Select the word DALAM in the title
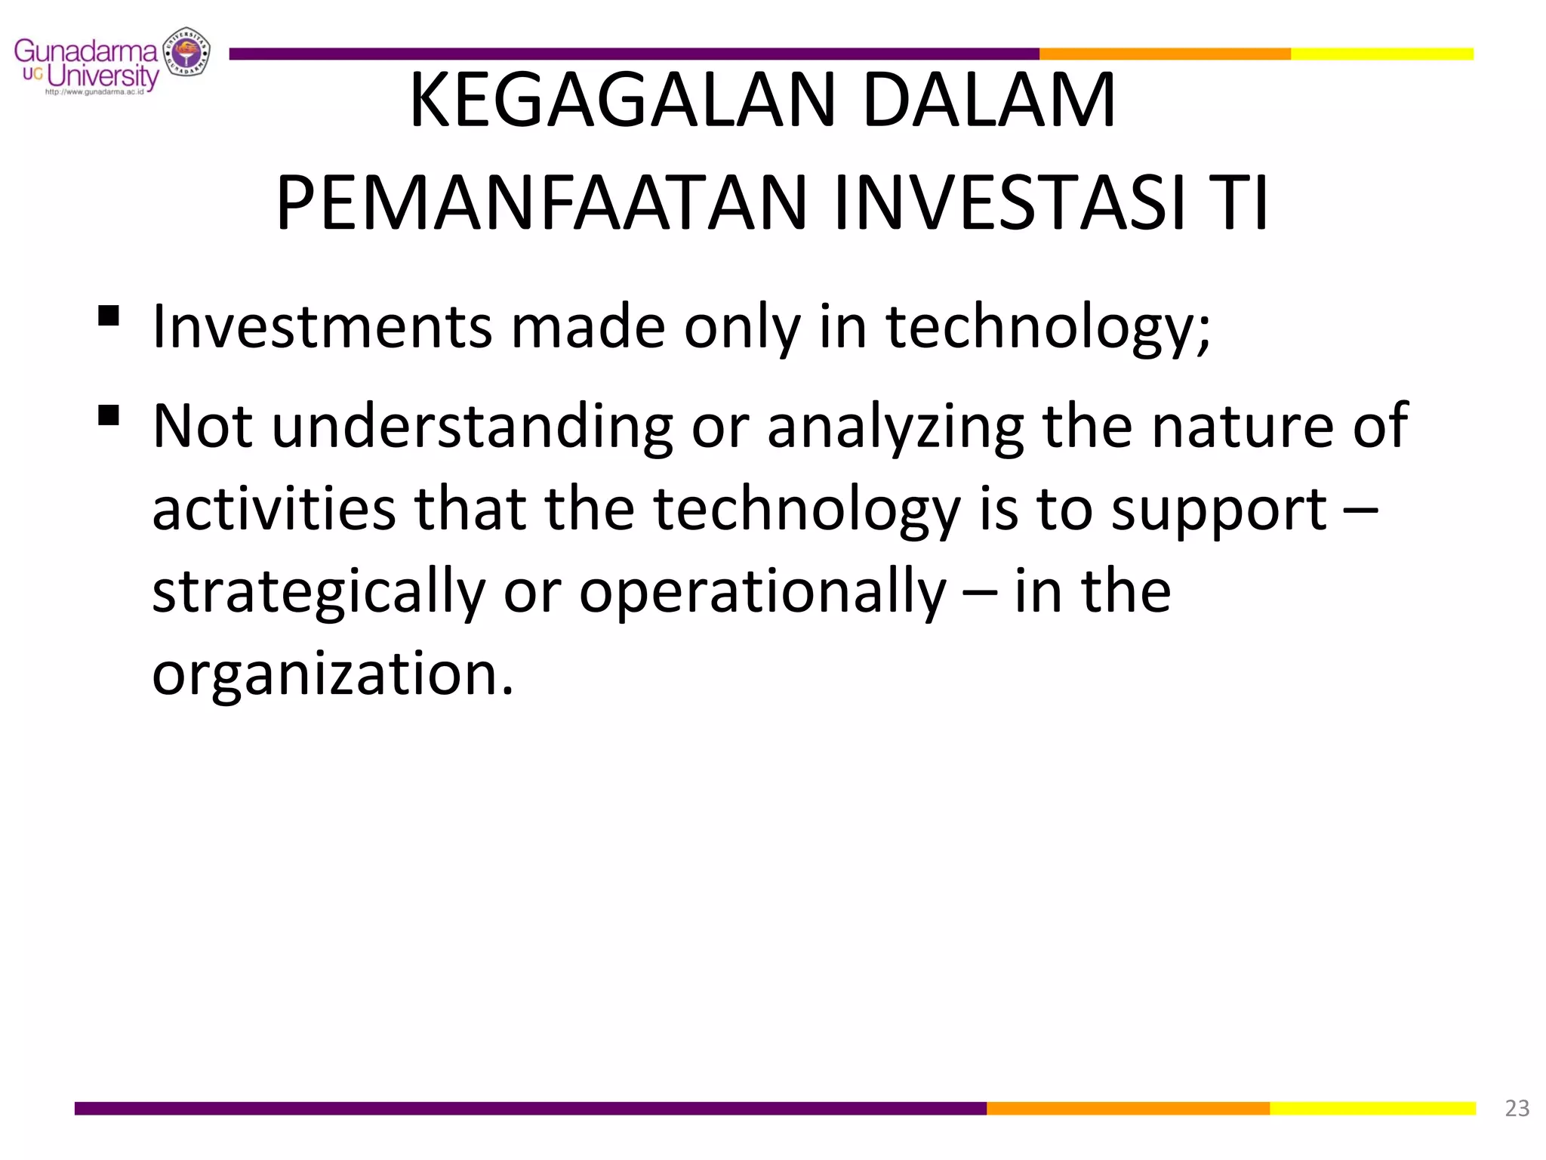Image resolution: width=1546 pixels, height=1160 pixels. pyautogui.click(x=988, y=100)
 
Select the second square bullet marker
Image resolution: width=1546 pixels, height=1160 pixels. pyautogui.click(x=109, y=415)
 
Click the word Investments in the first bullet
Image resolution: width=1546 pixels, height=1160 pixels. pyautogui.click(x=322, y=327)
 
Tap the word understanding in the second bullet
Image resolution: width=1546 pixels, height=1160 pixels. pyautogui.click(x=472, y=427)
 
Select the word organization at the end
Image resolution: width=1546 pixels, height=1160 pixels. pyautogui.click(x=332, y=675)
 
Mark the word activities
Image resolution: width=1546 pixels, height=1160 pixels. pyautogui.click(x=273, y=509)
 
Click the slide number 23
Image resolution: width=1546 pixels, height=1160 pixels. pyautogui.click(x=1517, y=1108)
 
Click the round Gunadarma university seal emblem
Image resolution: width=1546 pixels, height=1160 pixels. pyautogui.click(x=186, y=52)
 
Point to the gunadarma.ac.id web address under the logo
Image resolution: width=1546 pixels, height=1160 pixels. pyautogui.click(x=94, y=92)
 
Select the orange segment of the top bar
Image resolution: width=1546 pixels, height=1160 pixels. pyautogui.click(x=1164, y=54)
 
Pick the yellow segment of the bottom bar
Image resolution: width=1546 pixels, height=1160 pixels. pyautogui.click(x=1372, y=1108)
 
